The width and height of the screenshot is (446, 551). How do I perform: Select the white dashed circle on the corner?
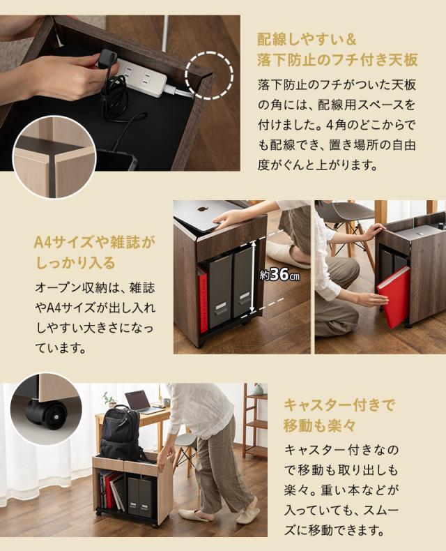pos(210,72)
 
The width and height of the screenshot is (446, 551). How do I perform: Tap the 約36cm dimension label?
pos(279,275)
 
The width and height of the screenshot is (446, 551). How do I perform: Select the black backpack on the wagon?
pos(121,434)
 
